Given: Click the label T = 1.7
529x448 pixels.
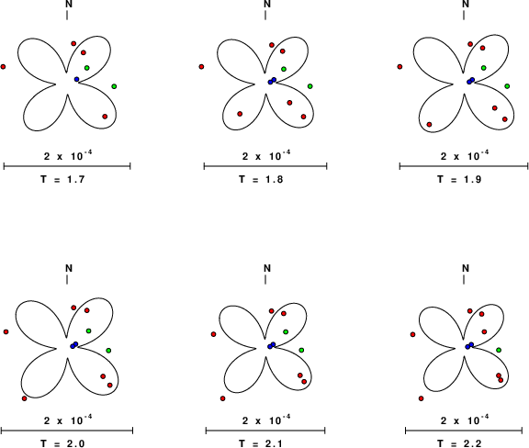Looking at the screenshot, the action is (62, 179).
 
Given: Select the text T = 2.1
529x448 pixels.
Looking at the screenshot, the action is (261, 443).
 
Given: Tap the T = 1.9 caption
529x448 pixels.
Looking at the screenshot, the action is (459, 179).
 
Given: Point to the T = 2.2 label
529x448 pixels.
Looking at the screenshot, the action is (459, 443).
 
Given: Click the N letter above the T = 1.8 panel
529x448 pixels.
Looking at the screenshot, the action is (267, 4).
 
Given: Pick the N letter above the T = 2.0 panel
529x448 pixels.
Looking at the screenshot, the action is (69, 268).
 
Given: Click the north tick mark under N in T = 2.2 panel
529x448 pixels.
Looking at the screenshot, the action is (464, 279).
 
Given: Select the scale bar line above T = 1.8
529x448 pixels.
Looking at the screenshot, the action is (265, 166).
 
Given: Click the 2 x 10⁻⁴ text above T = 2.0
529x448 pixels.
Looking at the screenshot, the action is (68, 420).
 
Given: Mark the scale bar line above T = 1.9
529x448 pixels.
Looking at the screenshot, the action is (464, 166).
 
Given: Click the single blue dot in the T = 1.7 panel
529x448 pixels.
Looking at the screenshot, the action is (76, 79).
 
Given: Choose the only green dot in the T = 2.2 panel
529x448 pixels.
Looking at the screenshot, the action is (499, 350).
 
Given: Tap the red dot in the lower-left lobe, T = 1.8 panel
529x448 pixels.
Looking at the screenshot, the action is (240, 114).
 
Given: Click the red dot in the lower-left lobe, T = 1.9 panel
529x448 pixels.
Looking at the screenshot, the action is (429, 125).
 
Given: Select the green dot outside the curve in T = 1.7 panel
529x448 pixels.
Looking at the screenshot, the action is (114, 86).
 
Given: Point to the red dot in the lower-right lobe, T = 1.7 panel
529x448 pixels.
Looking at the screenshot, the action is (105, 117).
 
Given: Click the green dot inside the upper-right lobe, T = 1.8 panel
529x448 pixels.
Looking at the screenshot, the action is (284, 69).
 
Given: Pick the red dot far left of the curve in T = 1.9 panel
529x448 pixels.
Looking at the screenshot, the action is (400, 67).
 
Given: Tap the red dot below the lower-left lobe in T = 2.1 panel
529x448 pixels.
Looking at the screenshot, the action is (222, 398).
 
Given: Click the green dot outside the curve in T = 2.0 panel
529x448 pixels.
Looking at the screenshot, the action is (108, 351).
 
